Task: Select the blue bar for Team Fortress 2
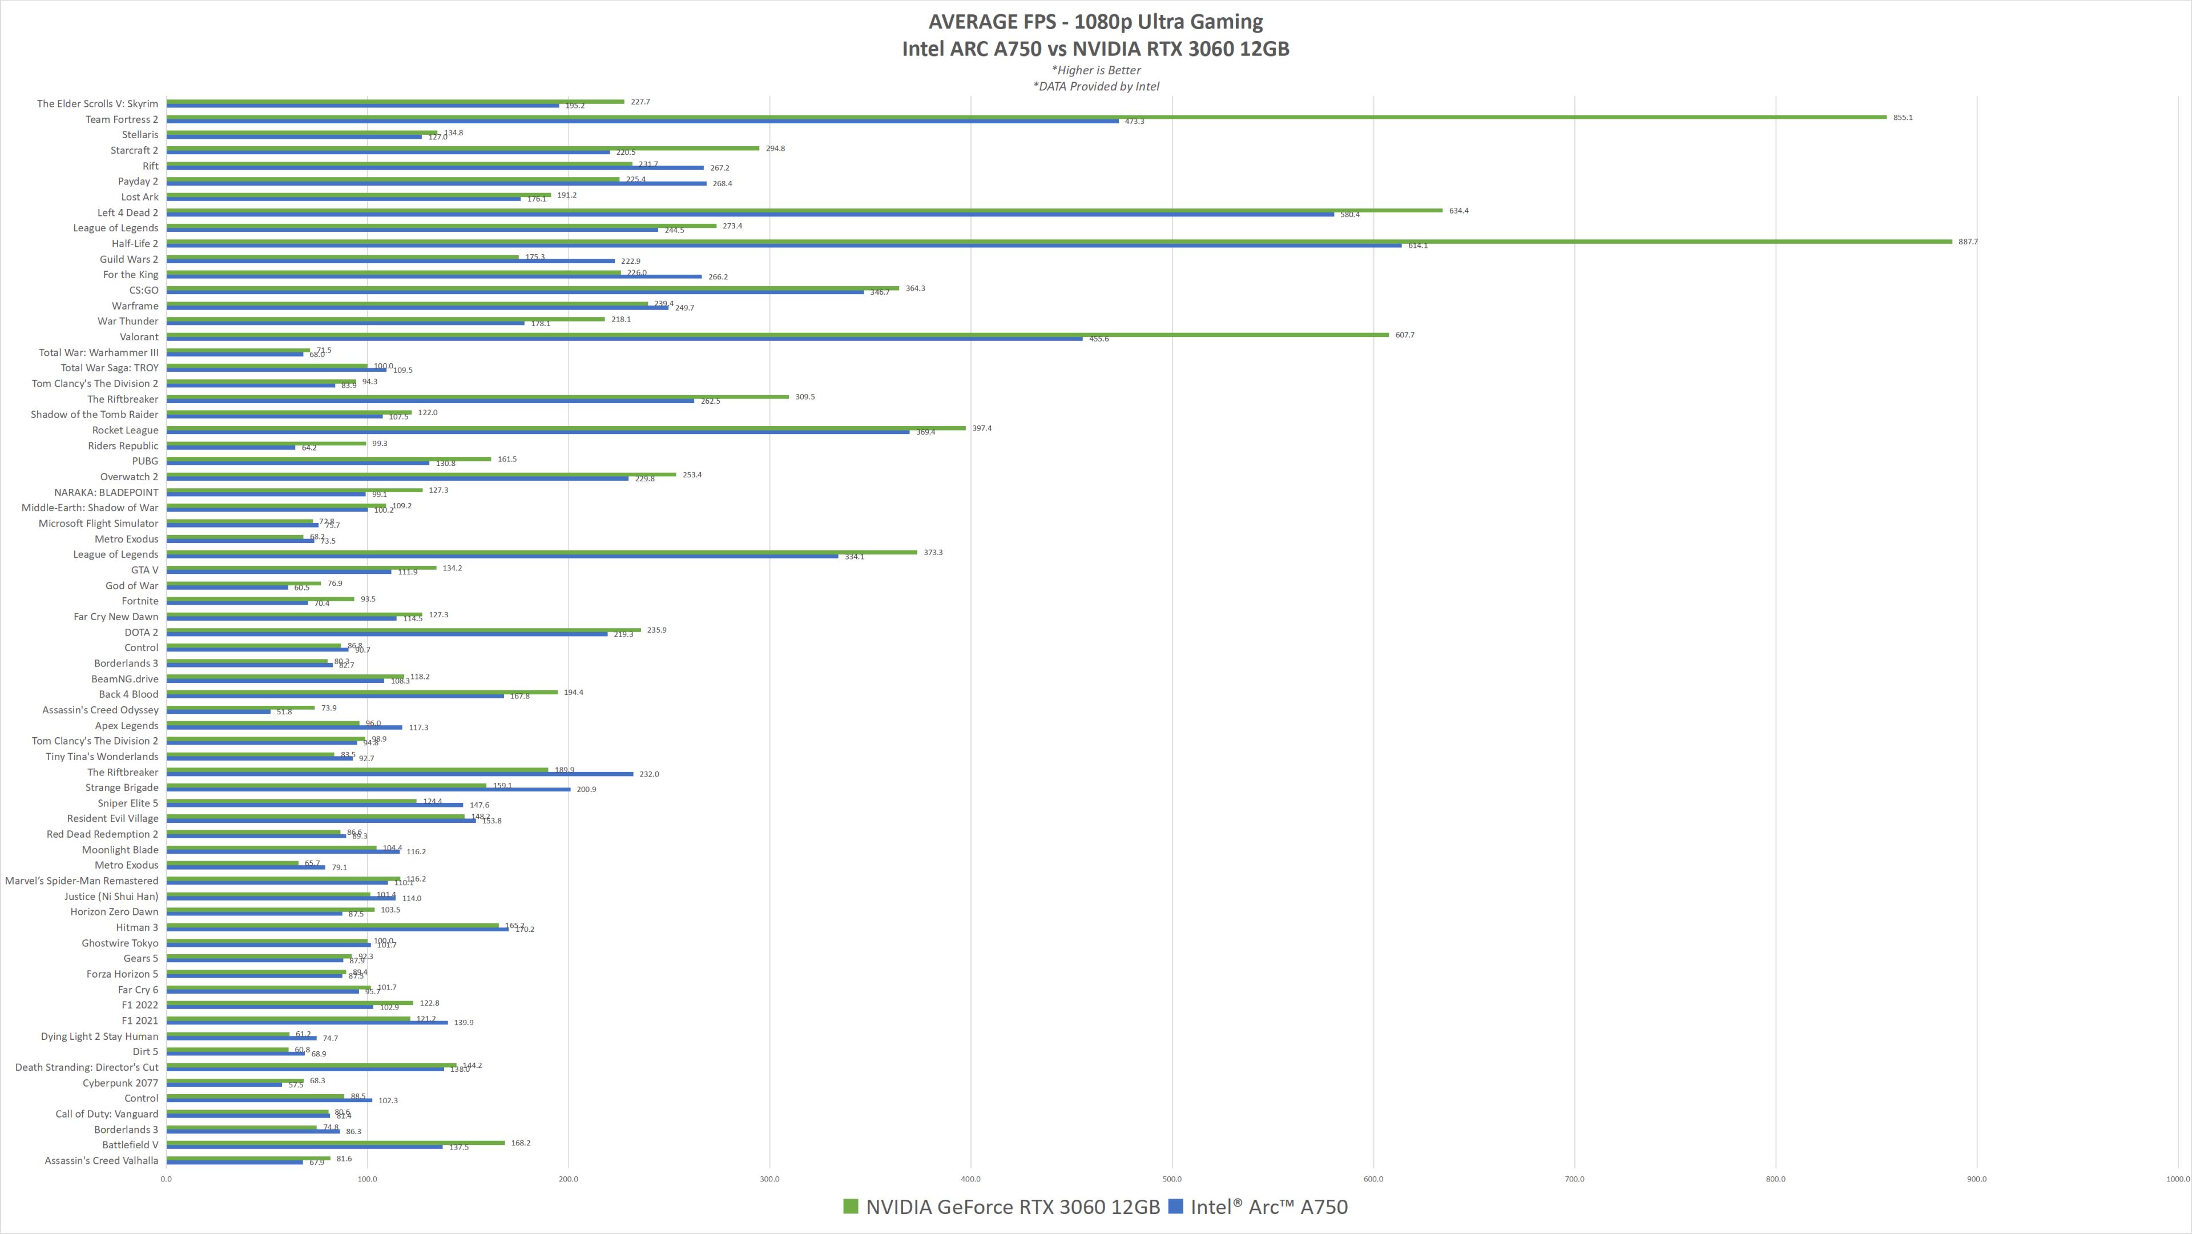coord(642,122)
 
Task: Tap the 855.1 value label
coord(1903,118)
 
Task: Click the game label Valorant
coord(139,337)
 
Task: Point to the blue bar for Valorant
coord(624,339)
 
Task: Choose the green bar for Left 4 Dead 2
coord(804,210)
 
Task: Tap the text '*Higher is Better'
coord(1096,70)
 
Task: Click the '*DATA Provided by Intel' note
coord(1096,86)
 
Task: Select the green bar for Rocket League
coord(566,428)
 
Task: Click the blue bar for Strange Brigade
coord(368,790)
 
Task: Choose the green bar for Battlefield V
coord(335,1143)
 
